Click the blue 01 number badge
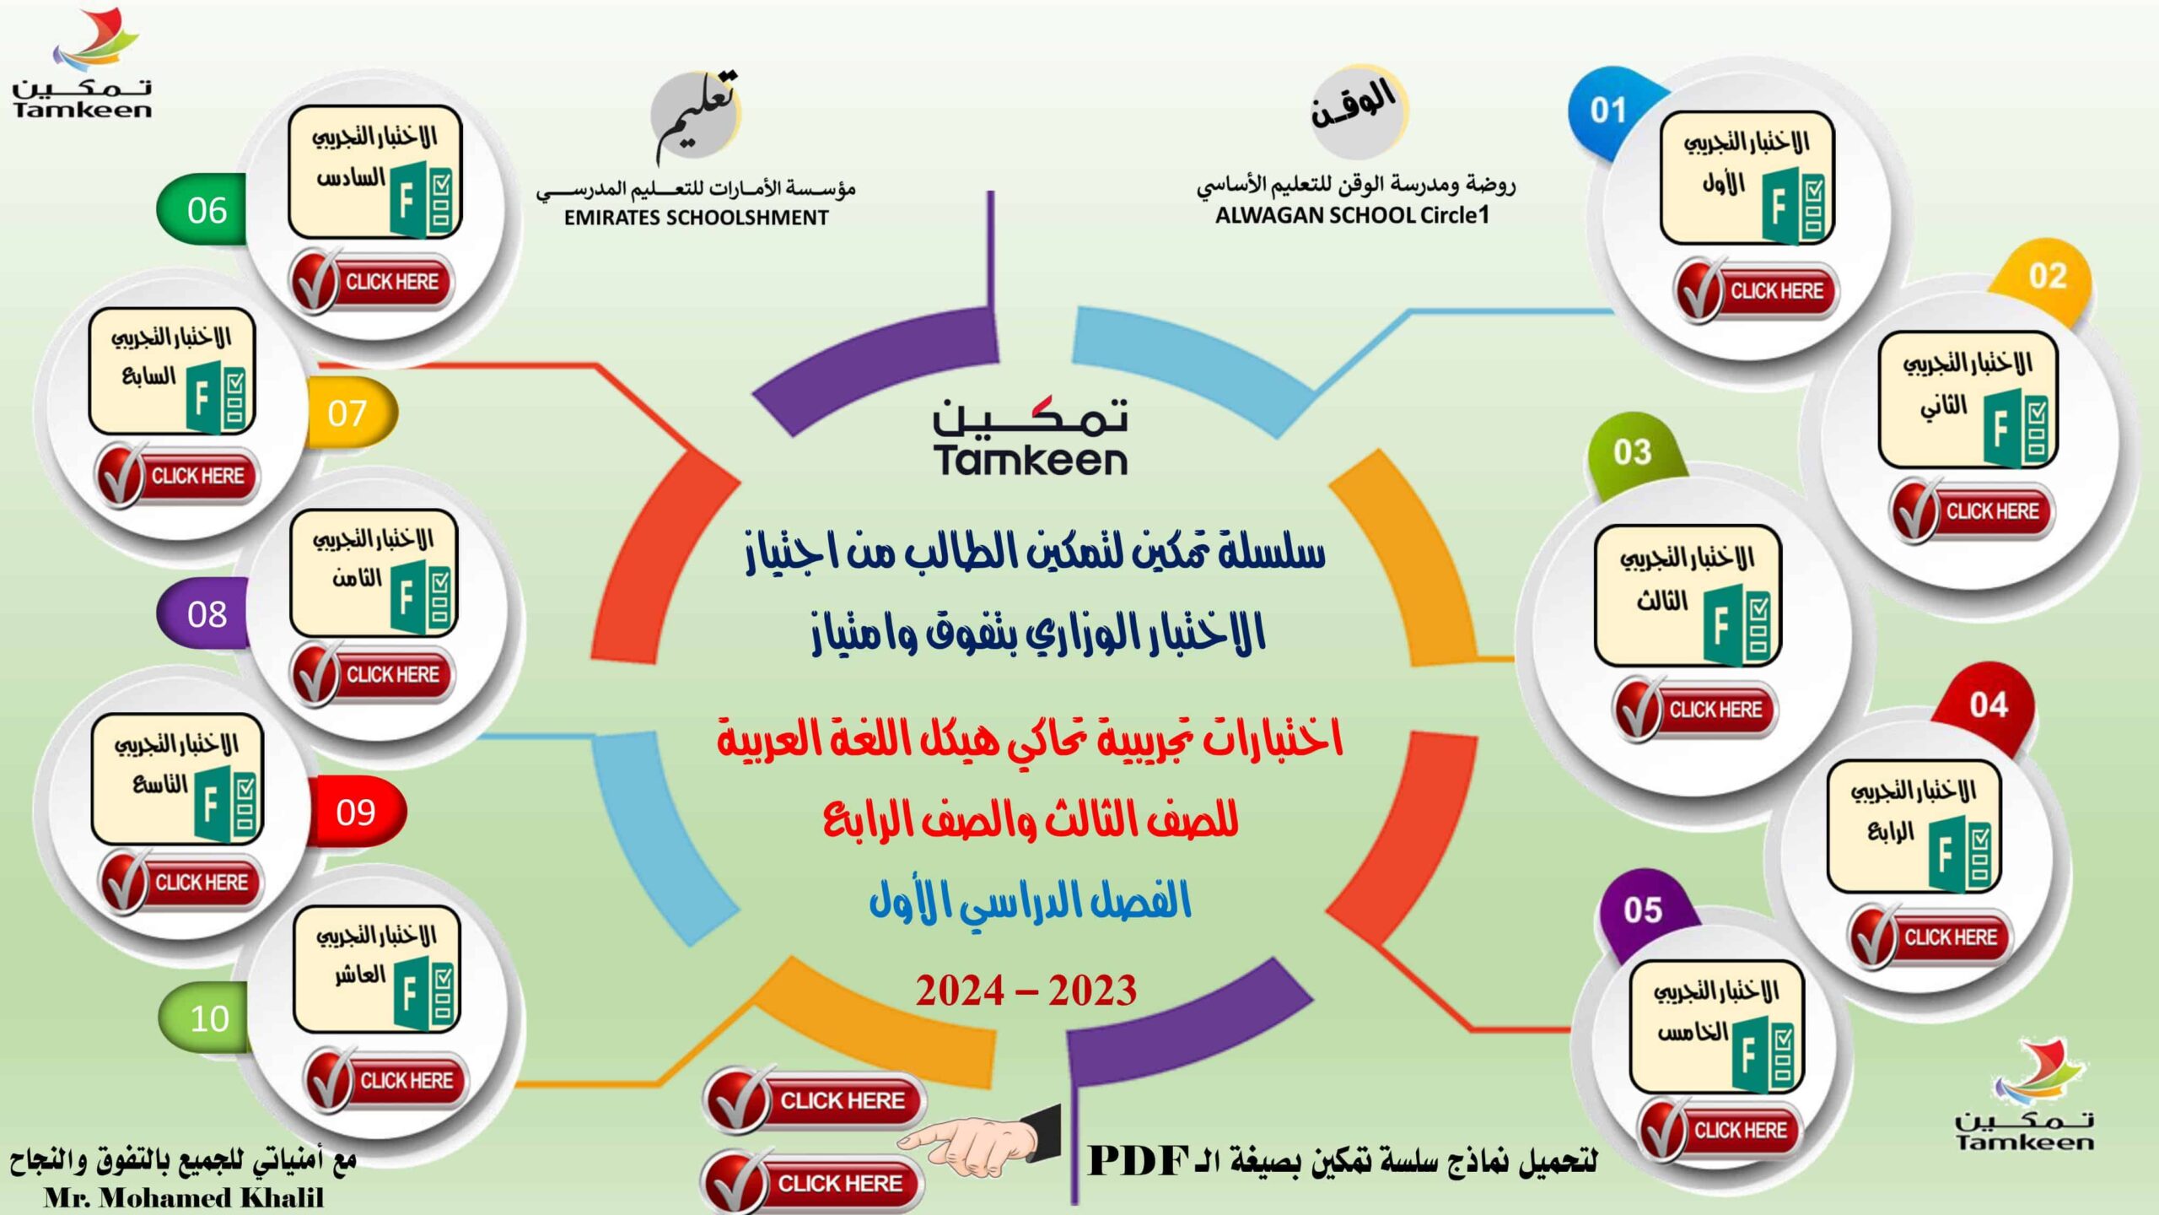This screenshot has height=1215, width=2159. coord(1609,111)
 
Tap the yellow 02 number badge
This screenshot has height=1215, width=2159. coord(2048,277)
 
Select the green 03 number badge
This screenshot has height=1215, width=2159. coord(1633,452)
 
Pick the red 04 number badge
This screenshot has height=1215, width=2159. coord(1988,705)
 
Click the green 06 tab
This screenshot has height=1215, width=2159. coord(204,210)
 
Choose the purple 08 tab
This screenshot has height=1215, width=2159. coord(204,614)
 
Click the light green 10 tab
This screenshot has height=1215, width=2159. coord(207,1018)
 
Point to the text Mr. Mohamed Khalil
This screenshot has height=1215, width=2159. coord(184,1197)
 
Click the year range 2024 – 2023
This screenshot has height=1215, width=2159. coord(1026,991)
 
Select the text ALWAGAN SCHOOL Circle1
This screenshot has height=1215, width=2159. coord(1352,215)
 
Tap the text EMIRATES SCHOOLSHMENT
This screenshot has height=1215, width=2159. coord(696,218)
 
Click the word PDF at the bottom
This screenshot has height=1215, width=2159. coord(1139,1162)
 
